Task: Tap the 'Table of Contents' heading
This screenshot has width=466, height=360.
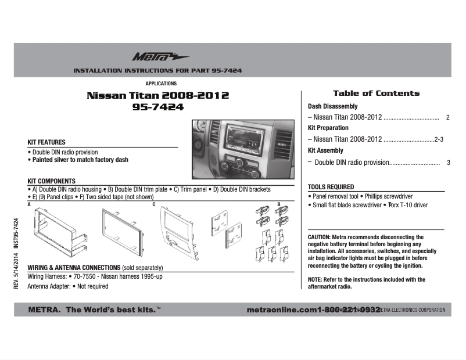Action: coord(376,93)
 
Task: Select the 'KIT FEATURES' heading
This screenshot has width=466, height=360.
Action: coord(46,142)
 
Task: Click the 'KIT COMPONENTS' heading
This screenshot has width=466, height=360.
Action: coord(52,181)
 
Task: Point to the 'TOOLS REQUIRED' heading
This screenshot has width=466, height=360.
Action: coord(331,187)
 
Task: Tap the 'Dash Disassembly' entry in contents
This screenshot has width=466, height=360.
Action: coord(332,107)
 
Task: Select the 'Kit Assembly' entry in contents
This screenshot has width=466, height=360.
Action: coord(325,150)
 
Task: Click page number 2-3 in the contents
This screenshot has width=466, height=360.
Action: coord(439,139)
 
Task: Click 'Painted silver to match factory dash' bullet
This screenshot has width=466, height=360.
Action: coord(80,160)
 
